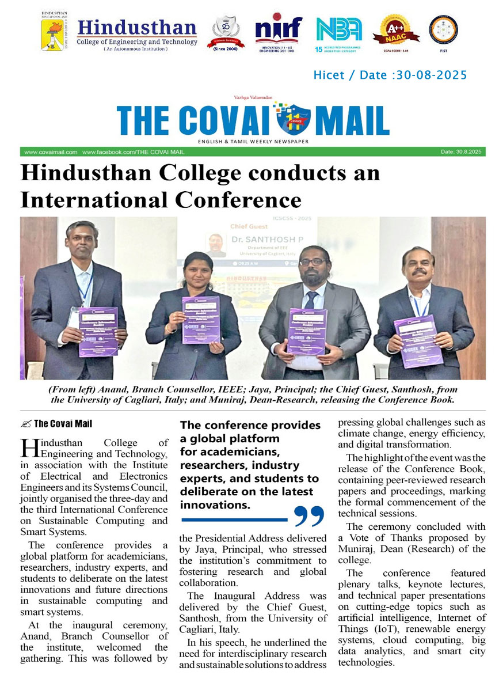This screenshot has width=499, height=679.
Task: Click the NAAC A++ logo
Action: pos(396,32)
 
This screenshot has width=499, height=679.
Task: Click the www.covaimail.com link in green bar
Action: pos(51,152)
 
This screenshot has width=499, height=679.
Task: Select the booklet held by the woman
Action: pos(201,320)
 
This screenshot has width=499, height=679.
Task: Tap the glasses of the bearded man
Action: pos(313,262)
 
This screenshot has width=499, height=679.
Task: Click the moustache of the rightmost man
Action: pos(420,271)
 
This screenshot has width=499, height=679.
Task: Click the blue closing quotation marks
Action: pos(309,517)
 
